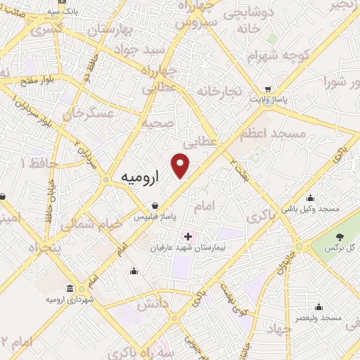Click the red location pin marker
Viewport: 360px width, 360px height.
(181, 166)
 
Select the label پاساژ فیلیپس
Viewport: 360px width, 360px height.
(156, 217)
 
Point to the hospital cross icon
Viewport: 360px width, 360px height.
(187, 236)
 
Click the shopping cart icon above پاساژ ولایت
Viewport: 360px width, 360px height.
(268, 89)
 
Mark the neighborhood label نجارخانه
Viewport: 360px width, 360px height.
(219, 91)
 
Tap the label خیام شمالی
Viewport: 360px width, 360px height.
(87, 223)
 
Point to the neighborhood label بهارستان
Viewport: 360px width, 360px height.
(109, 31)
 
